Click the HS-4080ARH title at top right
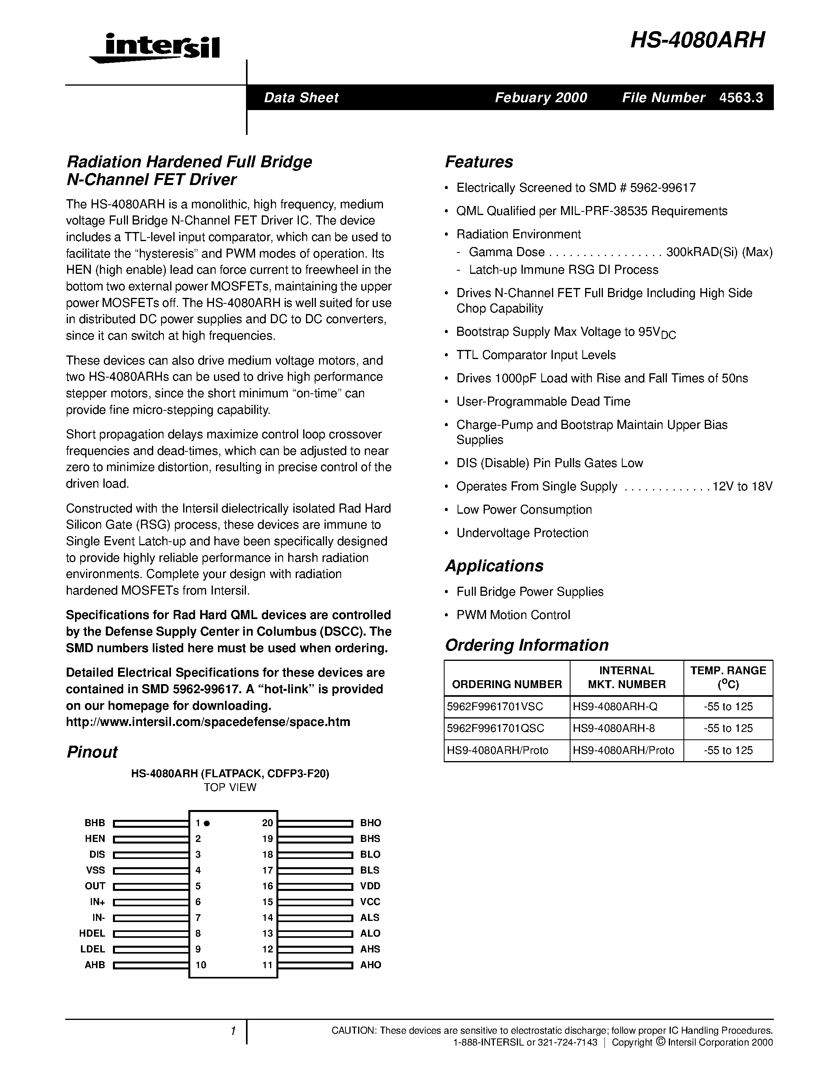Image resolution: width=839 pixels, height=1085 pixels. [697, 40]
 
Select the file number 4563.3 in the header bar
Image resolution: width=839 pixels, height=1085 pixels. [741, 98]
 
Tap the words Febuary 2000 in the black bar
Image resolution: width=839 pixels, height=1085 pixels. [541, 98]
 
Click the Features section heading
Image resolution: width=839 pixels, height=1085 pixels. [479, 162]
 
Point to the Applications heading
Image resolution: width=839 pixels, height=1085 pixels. [494, 566]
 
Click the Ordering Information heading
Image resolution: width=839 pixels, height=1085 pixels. [526, 645]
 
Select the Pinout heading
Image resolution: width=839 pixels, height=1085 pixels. [92, 752]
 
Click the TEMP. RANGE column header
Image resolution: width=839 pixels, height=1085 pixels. [728, 677]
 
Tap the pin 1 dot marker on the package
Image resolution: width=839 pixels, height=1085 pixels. [207, 823]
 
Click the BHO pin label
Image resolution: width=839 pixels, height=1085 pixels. [370, 823]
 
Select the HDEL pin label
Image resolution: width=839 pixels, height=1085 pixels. [92, 933]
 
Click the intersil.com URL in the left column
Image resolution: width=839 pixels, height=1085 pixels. [208, 722]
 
